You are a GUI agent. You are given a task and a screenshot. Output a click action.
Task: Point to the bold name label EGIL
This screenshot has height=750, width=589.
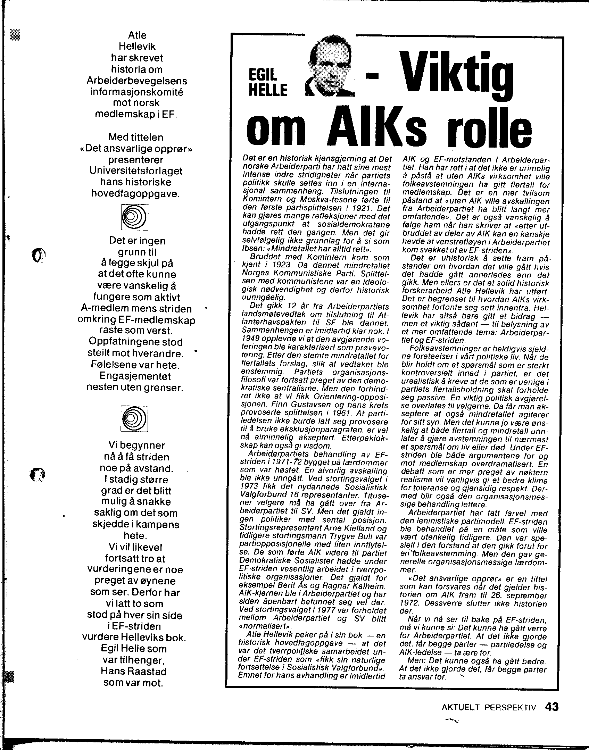[263, 74]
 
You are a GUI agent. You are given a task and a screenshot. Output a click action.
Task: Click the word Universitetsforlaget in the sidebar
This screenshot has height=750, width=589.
[136, 171]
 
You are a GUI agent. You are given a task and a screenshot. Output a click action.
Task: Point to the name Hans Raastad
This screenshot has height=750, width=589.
[133, 671]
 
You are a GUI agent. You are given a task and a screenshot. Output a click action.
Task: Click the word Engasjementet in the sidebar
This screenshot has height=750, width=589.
[135, 376]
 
